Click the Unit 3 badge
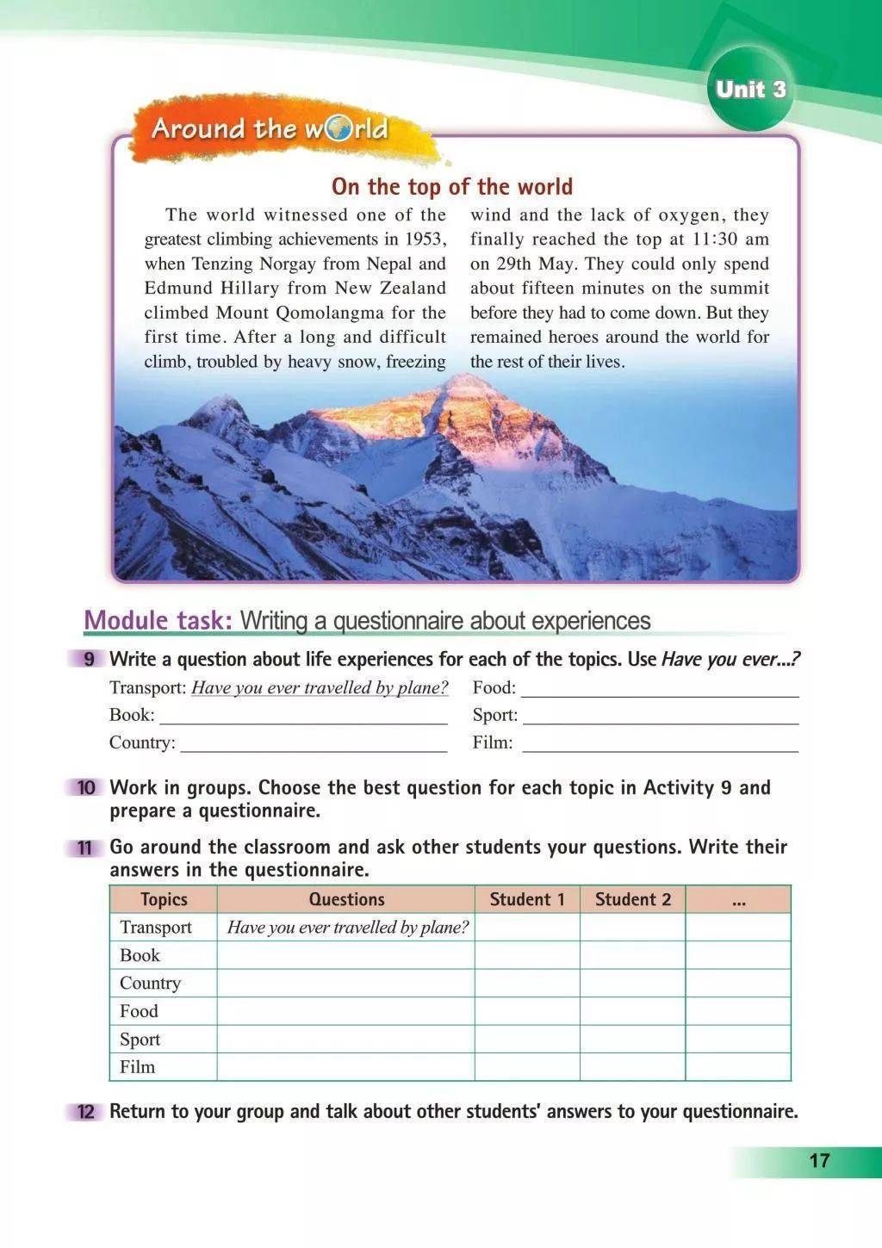click(750, 90)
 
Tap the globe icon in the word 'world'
click(339, 129)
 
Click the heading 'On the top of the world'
click(451, 187)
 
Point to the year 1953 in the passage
click(425, 239)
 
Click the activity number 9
click(88, 660)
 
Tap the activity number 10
click(86, 788)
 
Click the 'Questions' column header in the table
click(346, 899)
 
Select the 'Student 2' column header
click(632, 899)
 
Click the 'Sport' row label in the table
click(140, 1039)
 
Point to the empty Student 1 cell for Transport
click(527, 928)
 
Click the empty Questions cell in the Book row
click(345, 955)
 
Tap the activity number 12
click(86, 1112)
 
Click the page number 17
click(819, 1160)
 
